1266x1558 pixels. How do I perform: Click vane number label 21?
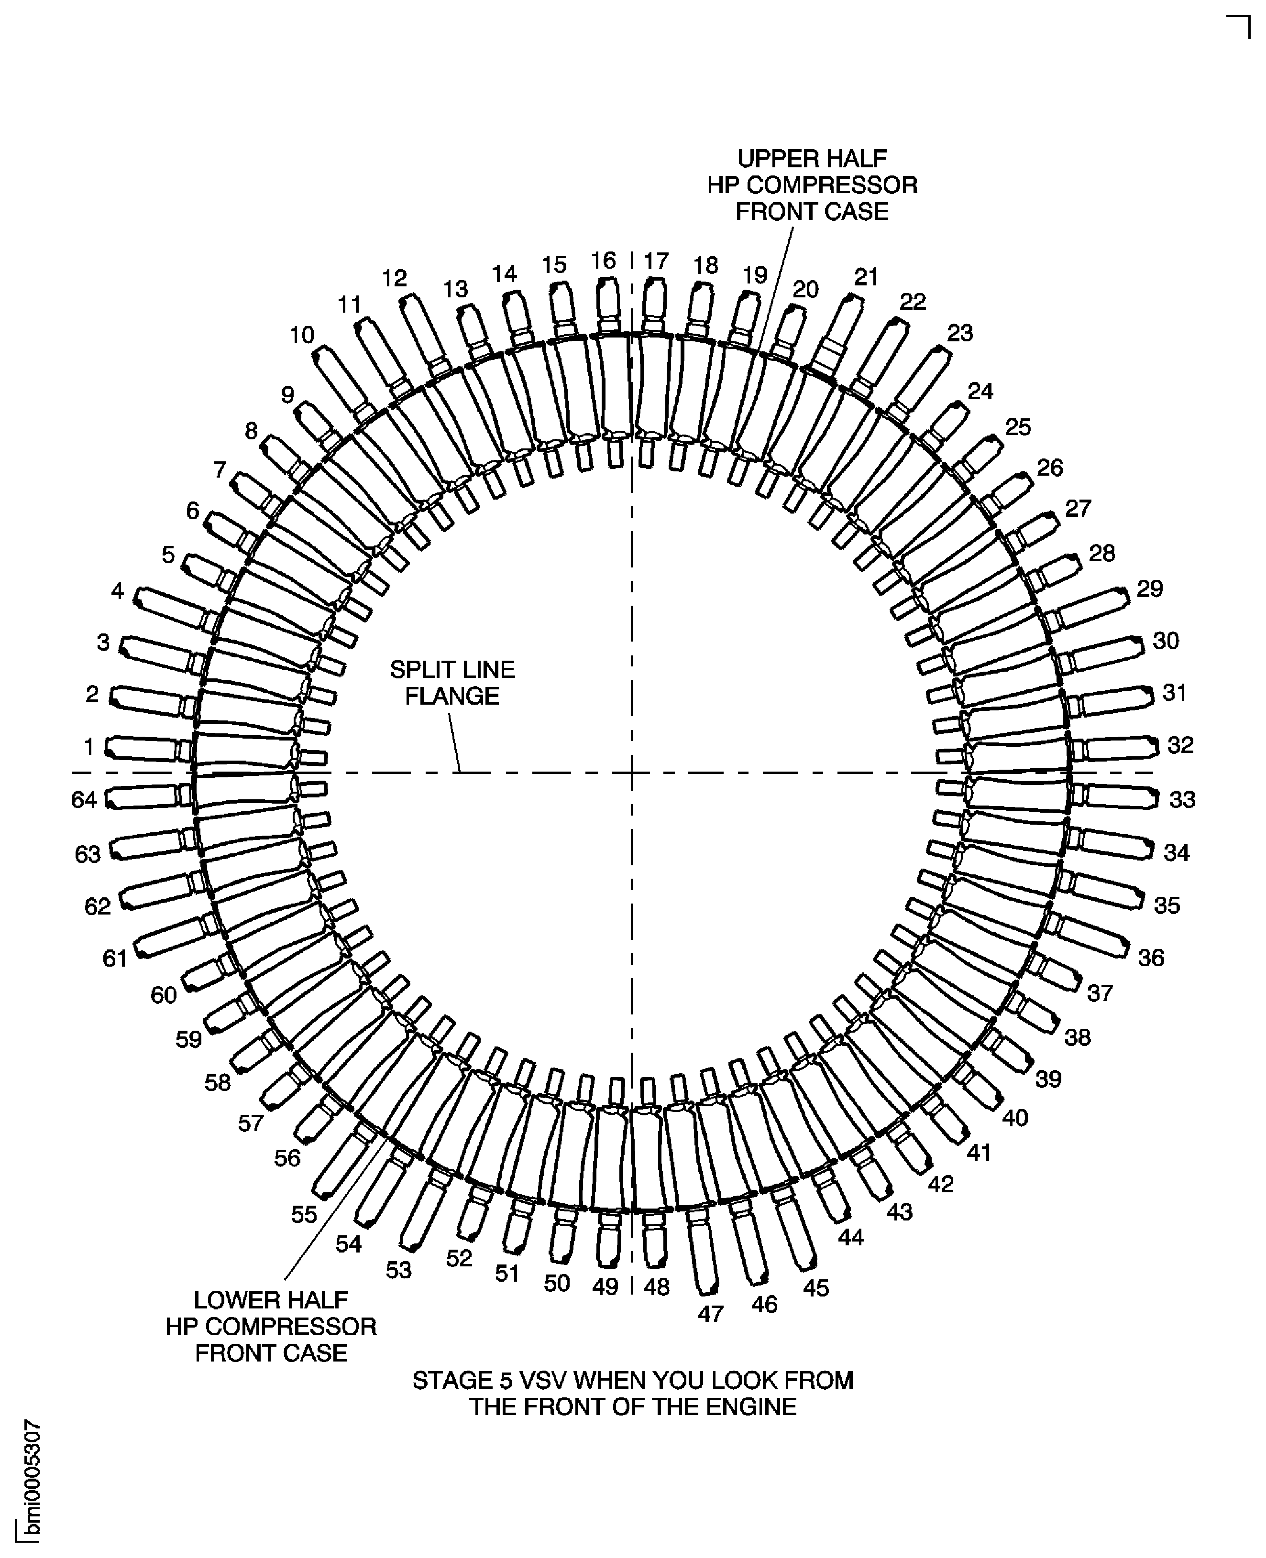pos(866,277)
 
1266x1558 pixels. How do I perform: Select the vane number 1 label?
pos(89,747)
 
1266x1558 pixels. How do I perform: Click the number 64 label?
pos(84,800)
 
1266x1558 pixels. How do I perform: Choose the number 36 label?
pos(1151,957)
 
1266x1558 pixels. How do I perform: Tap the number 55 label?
pos(304,1214)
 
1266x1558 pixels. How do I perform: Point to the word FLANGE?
pos(452,696)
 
